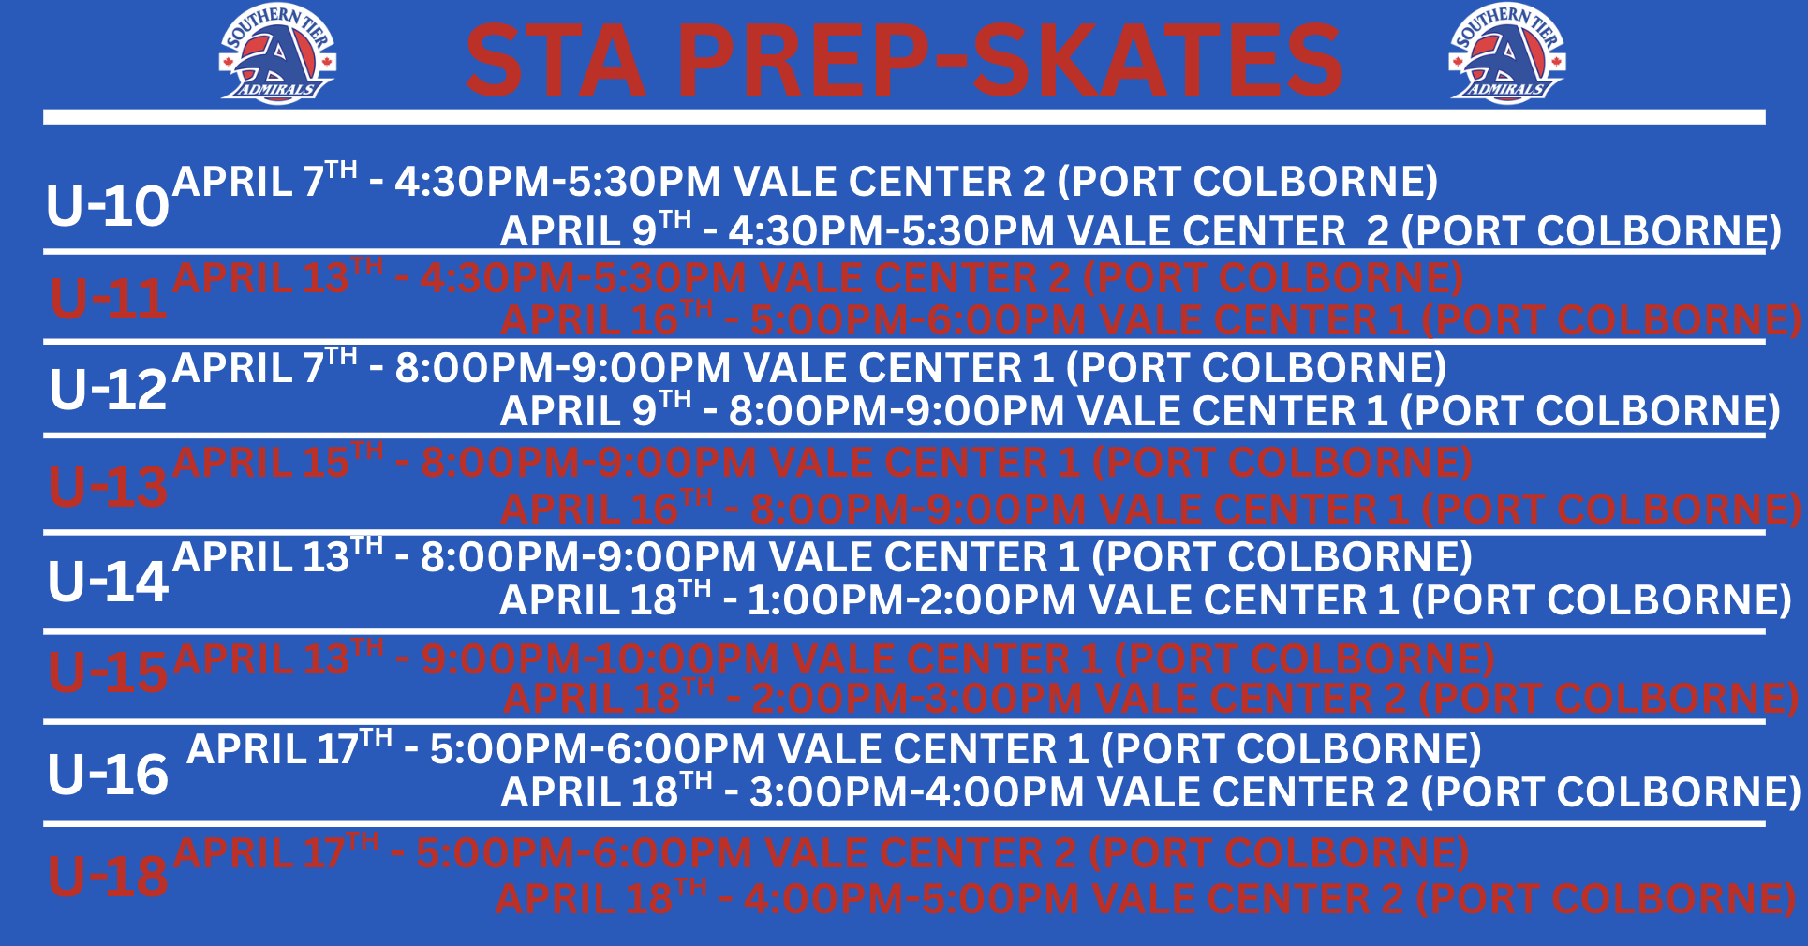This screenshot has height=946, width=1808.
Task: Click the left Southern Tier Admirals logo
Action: pyautogui.click(x=277, y=54)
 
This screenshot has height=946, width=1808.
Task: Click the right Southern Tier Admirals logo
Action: pyautogui.click(x=1507, y=54)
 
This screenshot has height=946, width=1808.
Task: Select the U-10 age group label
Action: pyautogui.click(x=108, y=205)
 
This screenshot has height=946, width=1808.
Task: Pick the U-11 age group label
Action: pyautogui.click(x=109, y=299)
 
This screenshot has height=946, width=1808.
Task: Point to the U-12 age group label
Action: pyautogui.click(x=109, y=389)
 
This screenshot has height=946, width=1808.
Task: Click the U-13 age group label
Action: pyautogui.click(x=109, y=486)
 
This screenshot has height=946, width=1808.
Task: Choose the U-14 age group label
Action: pyautogui.click(x=109, y=582)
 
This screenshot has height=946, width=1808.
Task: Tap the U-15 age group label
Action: pyautogui.click(x=109, y=672)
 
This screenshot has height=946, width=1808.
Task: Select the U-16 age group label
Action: pyautogui.click(x=109, y=775)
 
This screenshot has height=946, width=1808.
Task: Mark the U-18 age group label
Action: pyautogui.click(x=109, y=876)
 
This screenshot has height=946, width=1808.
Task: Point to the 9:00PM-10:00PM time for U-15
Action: pyautogui.click(x=600, y=659)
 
